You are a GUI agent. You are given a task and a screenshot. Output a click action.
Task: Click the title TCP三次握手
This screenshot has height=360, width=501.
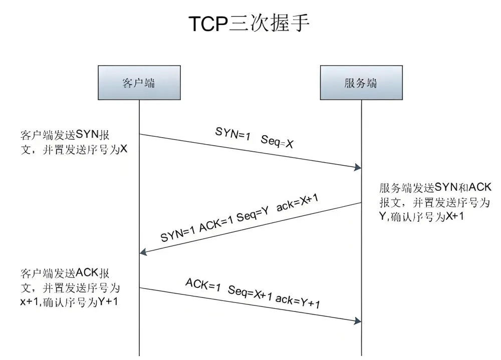coord(249,23)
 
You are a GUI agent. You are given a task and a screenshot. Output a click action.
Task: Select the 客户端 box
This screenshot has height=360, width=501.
coord(138,82)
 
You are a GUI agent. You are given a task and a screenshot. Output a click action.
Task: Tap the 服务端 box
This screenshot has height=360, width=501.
coord(361,82)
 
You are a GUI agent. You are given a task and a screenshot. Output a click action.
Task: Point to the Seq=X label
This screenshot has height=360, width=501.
coord(277,141)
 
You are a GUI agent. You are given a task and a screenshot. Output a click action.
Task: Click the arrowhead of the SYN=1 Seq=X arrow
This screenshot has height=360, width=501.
coord(358,167)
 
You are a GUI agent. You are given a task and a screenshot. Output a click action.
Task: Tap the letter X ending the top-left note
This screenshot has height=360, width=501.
coord(124,148)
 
